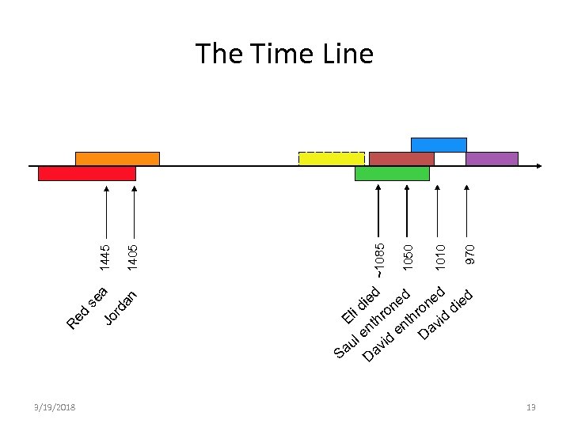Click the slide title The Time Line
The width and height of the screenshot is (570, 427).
click(284, 54)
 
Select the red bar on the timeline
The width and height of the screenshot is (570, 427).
click(87, 173)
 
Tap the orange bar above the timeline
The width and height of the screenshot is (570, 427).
click(117, 158)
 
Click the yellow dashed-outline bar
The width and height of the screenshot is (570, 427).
click(331, 158)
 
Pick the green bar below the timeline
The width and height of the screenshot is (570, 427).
click(392, 173)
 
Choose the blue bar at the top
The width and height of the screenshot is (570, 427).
click(439, 145)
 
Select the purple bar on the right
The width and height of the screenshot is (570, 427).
click(492, 158)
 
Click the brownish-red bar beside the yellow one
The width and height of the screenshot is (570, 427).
click(401, 158)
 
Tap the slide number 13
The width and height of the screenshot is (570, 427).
click(530, 407)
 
